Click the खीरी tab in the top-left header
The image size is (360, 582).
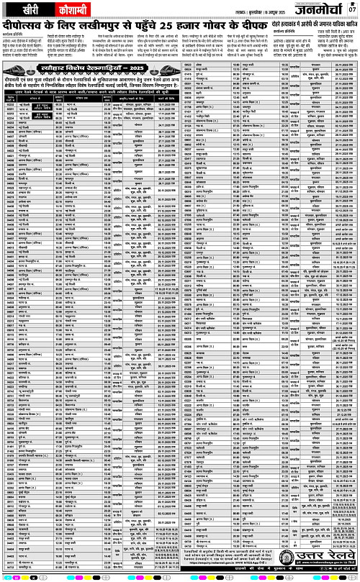pos(24,6)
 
